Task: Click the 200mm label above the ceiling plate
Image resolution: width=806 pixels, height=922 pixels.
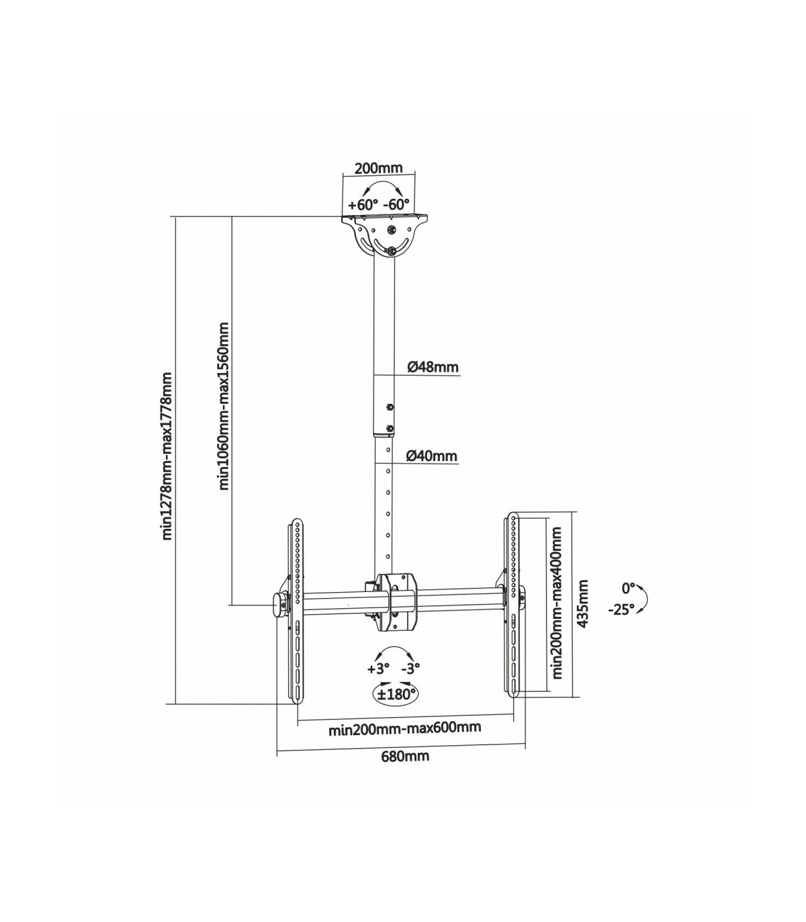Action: pyautogui.click(x=378, y=168)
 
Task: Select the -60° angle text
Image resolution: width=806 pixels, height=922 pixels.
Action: pyautogui.click(x=396, y=204)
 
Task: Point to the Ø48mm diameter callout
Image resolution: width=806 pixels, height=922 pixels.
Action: pyautogui.click(x=433, y=367)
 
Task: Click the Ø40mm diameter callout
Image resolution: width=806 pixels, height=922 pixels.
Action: pyautogui.click(x=432, y=456)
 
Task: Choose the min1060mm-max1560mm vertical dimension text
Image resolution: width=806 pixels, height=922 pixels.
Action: pyautogui.click(x=224, y=406)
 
